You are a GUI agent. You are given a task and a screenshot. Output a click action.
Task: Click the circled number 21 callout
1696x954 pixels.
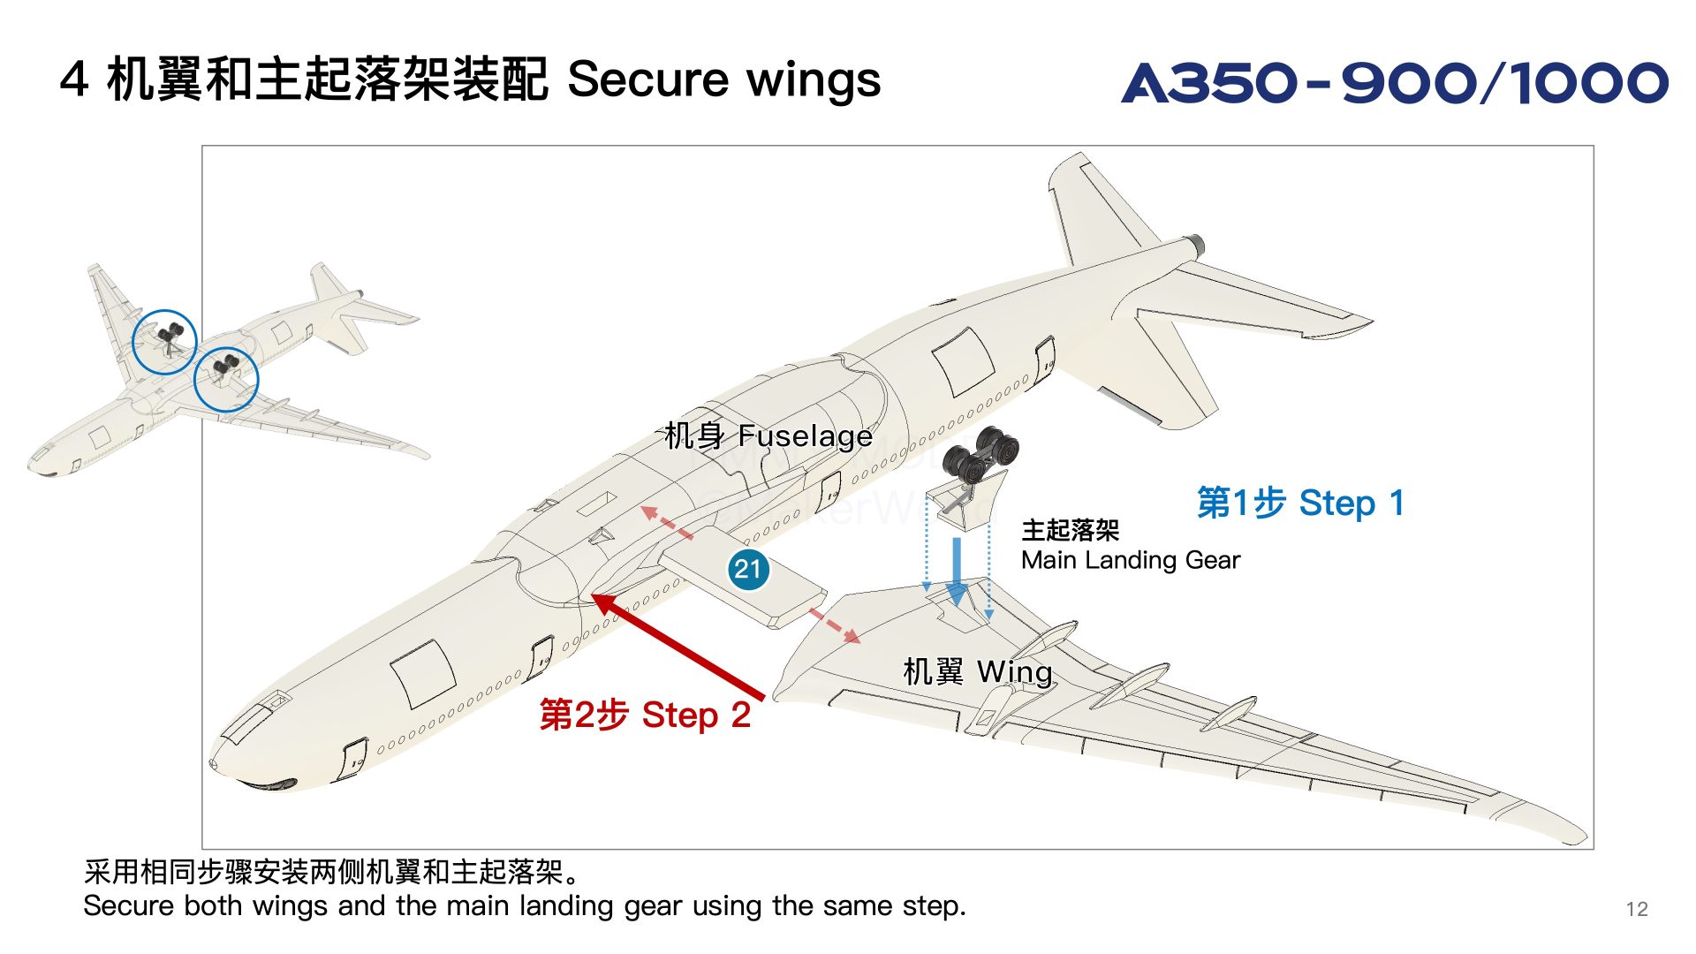pyautogui.click(x=748, y=569)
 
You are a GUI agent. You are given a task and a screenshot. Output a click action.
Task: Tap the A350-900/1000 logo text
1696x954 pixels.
pyautogui.click(x=1394, y=83)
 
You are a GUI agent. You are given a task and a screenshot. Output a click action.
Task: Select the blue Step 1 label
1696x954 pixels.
pyautogui.click(x=1299, y=503)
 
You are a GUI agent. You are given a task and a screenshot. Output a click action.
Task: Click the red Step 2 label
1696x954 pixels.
pyautogui.click(x=645, y=715)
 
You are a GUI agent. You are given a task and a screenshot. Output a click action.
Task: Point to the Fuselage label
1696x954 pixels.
pyautogui.click(x=768, y=435)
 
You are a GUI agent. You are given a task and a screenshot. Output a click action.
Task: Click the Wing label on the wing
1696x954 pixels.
pyautogui.click(x=977, y=671)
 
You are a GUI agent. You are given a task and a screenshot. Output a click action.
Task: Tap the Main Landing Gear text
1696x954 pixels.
pyautogui.click(x=1130, y=560)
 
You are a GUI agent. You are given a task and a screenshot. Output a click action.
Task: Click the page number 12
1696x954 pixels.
pyautogui.click(x=1636, y=909)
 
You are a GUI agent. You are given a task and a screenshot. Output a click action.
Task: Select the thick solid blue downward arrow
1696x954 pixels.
pyautogui.click(x=956, y=571)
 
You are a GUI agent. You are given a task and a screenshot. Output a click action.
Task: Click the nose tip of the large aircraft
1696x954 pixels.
pyautogui.click(x=215, y=763)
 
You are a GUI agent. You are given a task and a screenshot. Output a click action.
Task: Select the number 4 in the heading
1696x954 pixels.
pyautogui.click(x=74, y=79)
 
